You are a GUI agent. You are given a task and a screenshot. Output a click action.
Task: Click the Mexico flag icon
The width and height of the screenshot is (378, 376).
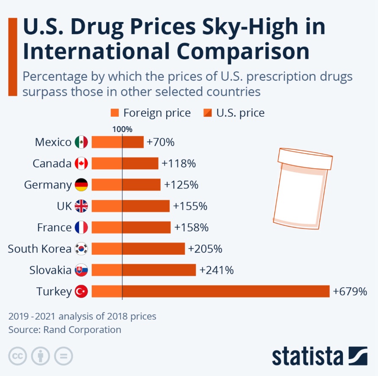pyautogui.click(x=81, y=142)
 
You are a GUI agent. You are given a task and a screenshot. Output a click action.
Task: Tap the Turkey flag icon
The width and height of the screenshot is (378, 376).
pyautogui.click(x=81, y=291)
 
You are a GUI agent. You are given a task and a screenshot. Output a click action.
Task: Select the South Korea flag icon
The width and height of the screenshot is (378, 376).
pyautogui.click(x=81, y=249)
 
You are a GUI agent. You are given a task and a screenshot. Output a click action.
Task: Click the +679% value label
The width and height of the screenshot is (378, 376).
pyautogui.click(x=350, y=291)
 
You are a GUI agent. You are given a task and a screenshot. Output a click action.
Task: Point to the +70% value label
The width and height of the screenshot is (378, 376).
pyautogui.click(x=160, y=142)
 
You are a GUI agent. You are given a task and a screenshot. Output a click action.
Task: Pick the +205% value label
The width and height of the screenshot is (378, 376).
pyautogui.click(x=205, y=249)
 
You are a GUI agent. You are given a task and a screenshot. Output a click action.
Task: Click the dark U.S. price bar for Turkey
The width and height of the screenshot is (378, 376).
pyautogui.click(x=226, y=291)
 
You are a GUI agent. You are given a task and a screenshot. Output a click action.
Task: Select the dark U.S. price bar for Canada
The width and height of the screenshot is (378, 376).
pyautogui.click(x=140, y=163)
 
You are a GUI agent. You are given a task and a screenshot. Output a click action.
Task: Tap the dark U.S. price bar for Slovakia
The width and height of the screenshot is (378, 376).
pyautogui.click(x=159, y=270)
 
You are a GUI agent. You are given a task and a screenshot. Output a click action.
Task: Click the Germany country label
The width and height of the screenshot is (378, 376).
pyautogui.click(x=48, y=185)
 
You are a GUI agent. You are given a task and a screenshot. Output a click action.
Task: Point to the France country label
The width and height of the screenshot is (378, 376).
pyautogui.click(x=54, y=228)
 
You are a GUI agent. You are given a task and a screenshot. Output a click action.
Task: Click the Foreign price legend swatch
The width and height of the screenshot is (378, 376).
pyautogui.click(x=115, y=113)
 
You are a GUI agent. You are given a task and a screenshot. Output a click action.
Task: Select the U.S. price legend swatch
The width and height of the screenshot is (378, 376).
pyautogui.click(x=208, y=113)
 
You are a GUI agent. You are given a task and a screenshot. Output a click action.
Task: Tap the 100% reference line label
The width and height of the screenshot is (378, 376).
pyautogui.click(x=122, y=129)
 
